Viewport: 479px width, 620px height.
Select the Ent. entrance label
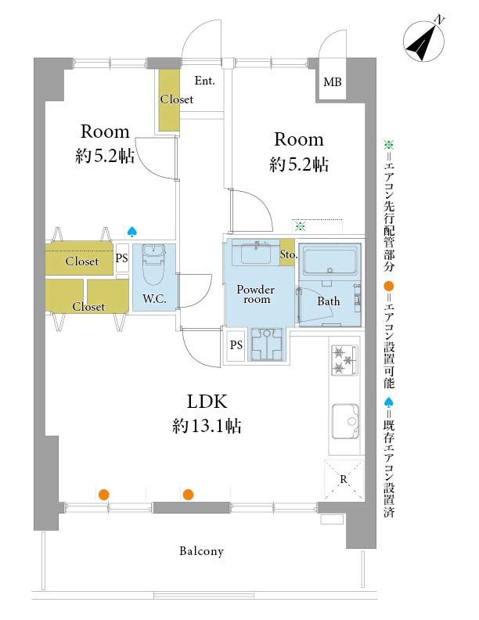(205, 81)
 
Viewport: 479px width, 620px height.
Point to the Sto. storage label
(287, 254)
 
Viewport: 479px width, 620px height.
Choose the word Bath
(328, 301)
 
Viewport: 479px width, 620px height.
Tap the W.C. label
(153, 298)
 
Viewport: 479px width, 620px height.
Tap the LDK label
(206, 402)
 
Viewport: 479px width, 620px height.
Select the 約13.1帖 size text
(206, 427)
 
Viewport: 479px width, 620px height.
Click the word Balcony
(201, 551)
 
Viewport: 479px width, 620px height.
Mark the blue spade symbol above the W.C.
(132, 232)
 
